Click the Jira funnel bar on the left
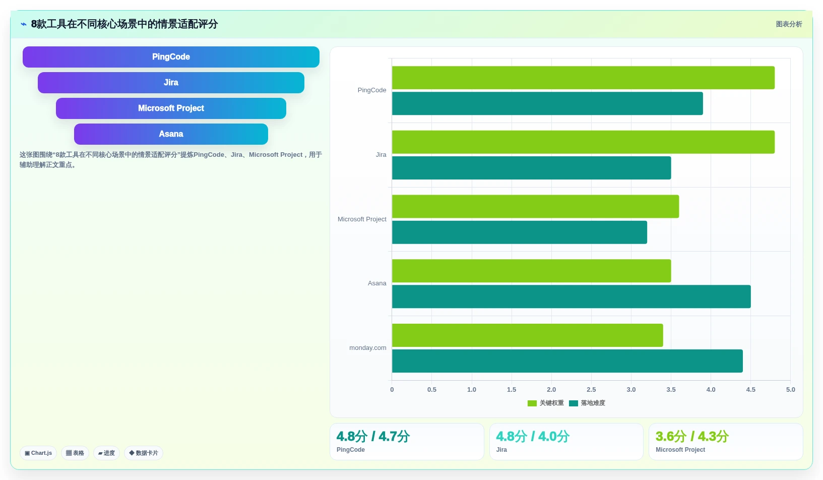coord(171,83)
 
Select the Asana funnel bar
coord(171,134)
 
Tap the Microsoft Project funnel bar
coord(171,108)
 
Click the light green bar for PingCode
coord(583,78)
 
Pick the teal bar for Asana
coord(572,296)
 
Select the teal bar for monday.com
coord(567,361)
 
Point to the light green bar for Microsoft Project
coord(535,207)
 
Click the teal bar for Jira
coord(531,168)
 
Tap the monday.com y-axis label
coord(367,348)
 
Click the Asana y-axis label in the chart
coord(377,283)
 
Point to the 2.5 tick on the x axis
coord(591,390)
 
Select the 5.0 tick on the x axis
coord(790,390)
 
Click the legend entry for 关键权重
coord(546,403)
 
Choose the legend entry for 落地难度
coord(587,403)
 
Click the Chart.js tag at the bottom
coord(38,453)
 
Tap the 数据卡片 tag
coord(143,453)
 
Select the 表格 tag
coord(75,453)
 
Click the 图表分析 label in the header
coord(789,24)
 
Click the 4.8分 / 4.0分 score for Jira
coord(532,437)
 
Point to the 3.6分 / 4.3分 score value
coord(692,437)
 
